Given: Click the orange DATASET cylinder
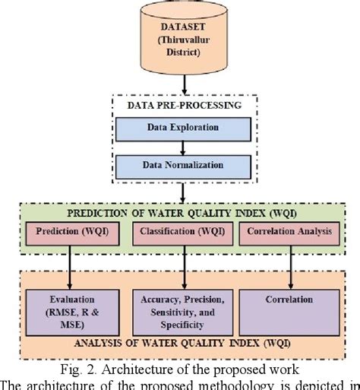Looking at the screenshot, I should tap(180, 38).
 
